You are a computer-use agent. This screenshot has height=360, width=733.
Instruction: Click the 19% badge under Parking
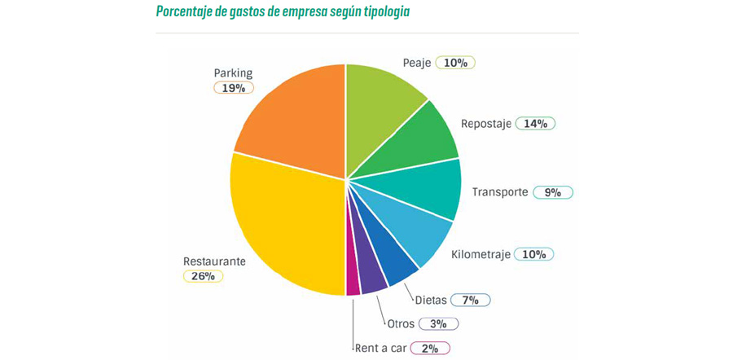tap(234, 88)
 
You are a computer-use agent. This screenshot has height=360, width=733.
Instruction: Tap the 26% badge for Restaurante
tap(202, 276)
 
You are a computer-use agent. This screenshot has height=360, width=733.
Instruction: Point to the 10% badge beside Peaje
tap(455, 63)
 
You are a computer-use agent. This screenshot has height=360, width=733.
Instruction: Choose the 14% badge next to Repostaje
tap(535, 124)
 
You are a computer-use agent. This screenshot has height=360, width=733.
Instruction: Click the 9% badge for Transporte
tap(553, 192)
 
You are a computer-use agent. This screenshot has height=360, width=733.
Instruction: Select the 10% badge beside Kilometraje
tap(533, 254)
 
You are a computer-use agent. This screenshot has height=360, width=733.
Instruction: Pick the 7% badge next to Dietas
tap(469, 300)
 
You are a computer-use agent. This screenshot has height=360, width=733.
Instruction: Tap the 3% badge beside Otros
tap(438, 323)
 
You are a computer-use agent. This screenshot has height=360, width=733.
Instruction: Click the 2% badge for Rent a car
tap(429, 348)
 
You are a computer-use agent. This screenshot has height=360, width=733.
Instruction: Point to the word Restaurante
tap(214, 261)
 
